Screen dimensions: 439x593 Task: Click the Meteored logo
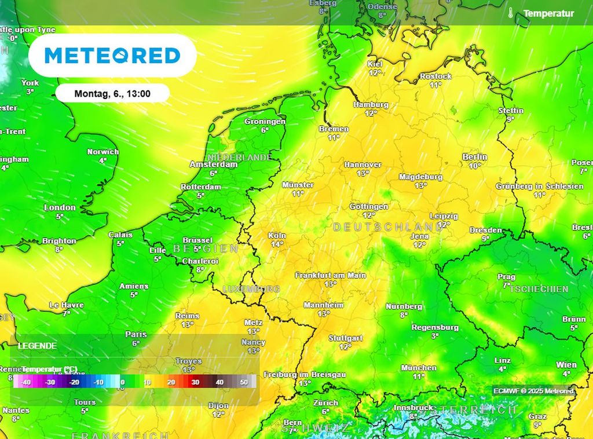pos(112,56)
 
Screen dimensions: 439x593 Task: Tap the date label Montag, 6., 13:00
pos(113,93)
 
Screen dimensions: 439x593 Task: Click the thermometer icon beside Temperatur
pos(511,13)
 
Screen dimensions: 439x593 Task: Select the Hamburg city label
pos(371,105)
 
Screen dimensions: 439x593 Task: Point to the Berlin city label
pos(475,157)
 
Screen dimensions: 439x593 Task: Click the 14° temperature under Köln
pos(277,244)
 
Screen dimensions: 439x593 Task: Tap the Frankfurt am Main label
pos(330,276)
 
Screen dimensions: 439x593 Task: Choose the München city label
pos(419,368)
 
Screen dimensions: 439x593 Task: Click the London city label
pos(60,207)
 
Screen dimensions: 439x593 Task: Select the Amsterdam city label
pos(214,164)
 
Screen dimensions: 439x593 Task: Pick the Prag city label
pos(506,277)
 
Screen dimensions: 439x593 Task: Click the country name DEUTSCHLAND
pos(388,227)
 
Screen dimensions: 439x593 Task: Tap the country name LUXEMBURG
pos(251,288)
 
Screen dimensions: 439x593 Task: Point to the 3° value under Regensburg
pos(434,335)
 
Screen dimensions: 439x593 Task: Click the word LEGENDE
pos(38,346)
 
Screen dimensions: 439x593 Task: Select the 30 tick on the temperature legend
pos(195,382)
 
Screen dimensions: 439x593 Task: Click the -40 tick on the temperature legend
pos(25,382)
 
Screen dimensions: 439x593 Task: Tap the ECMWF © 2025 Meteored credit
pos(533,391)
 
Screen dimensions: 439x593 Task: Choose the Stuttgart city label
pos(345,338)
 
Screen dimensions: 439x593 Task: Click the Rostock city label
pos(435,76)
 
